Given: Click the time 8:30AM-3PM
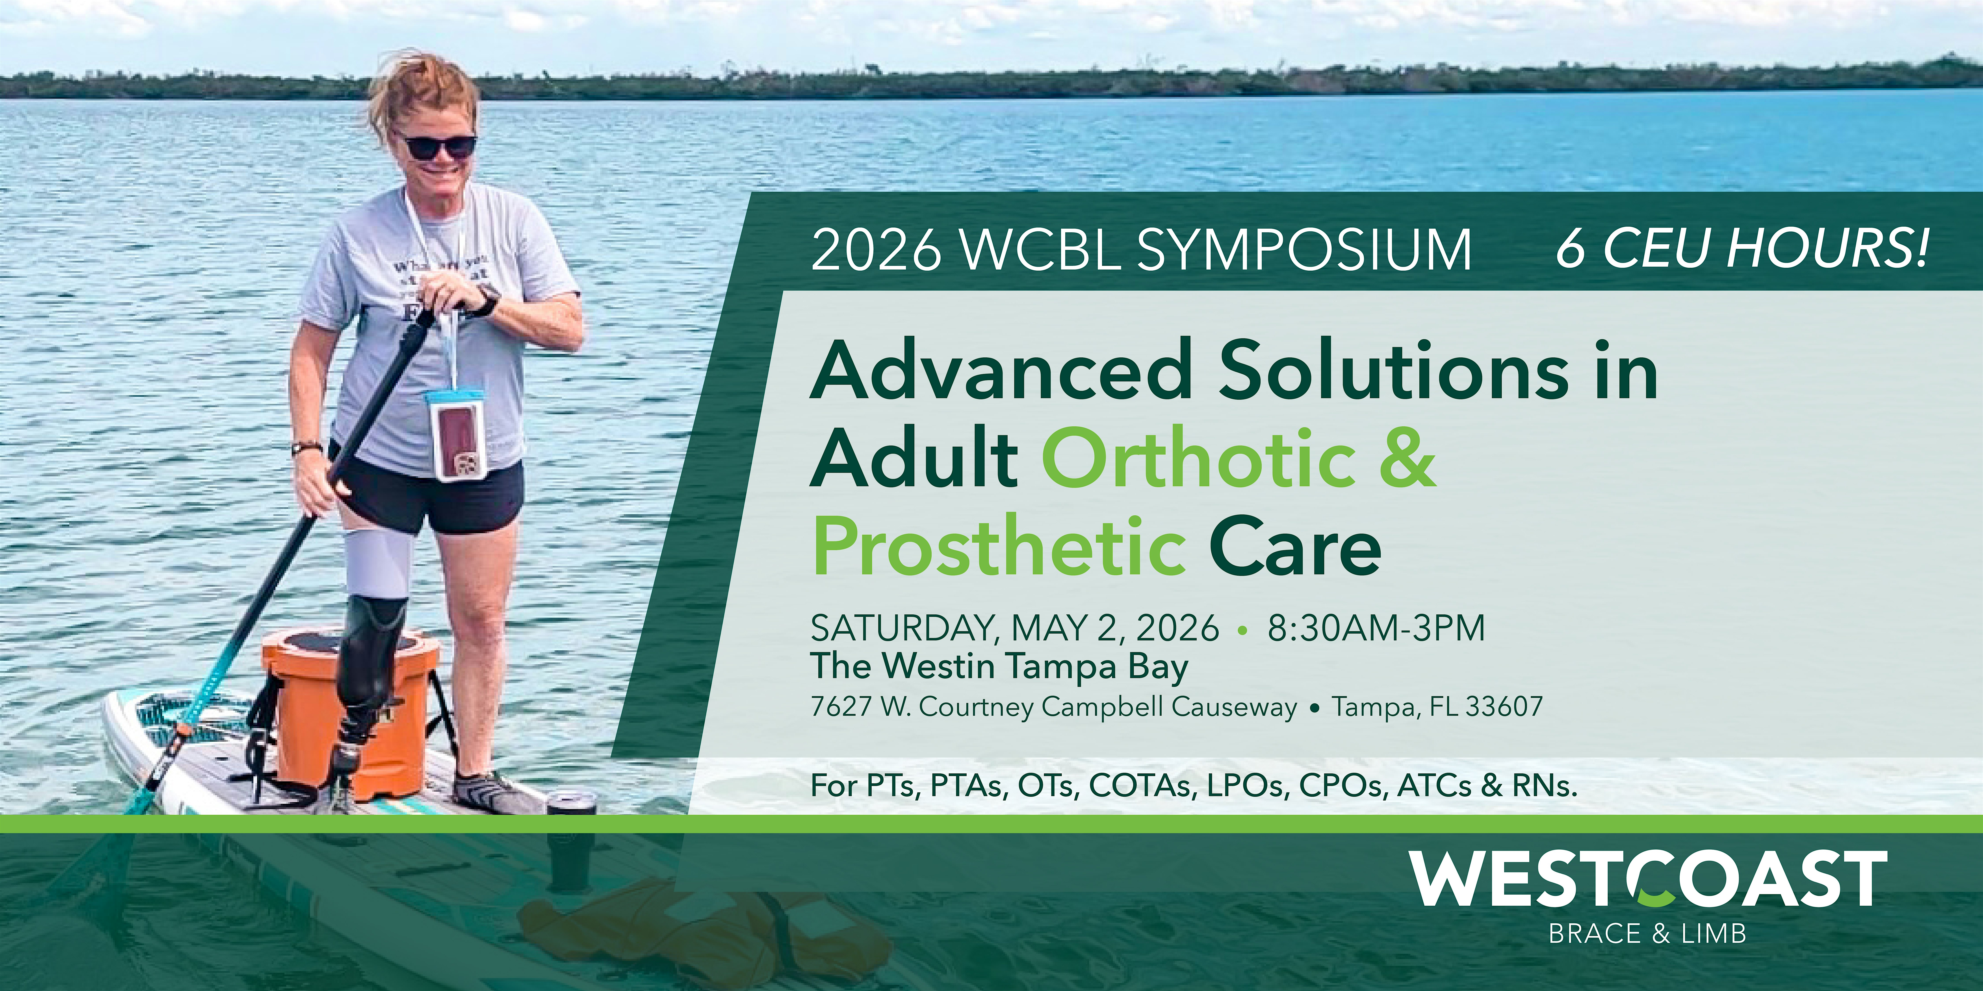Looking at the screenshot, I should [x=1376, y=628].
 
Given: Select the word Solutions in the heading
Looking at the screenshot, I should [x=1393, y=372].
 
